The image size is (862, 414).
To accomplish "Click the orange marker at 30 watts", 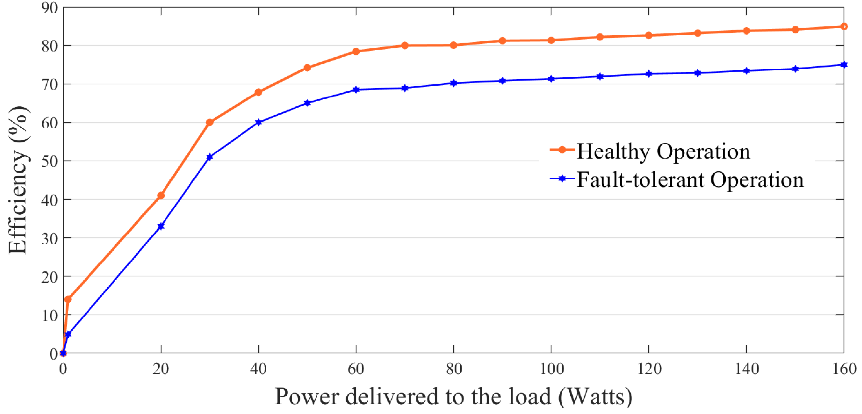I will tap(210, 122).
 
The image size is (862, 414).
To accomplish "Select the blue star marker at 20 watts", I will tap(161, 226).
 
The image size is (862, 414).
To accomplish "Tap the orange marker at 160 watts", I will tap(844, 26).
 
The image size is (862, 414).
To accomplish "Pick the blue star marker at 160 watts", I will tap(844, 65).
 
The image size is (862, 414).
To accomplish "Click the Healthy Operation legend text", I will tap(663, 152).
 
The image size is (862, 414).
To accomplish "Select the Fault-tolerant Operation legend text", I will tap(690, 180).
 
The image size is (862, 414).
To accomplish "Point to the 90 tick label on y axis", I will tap(50, 8).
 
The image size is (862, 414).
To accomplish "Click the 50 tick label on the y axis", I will tap(50, 161).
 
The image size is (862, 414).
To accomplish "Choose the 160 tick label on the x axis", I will tap(844, 369).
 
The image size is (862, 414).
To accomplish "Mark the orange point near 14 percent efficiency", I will tap(68, 299).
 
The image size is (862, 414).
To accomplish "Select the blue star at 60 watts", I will tap(356, 90).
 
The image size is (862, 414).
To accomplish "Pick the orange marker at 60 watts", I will tap(356, 51).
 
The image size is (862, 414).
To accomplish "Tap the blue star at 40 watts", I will tap(258, 122).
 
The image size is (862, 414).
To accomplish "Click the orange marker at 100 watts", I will tap(551, 40).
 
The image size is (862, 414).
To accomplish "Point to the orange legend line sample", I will tap(562, 150).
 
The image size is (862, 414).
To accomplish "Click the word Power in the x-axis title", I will tap(307, 397).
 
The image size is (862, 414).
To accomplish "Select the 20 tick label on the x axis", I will tap(161, 369).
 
